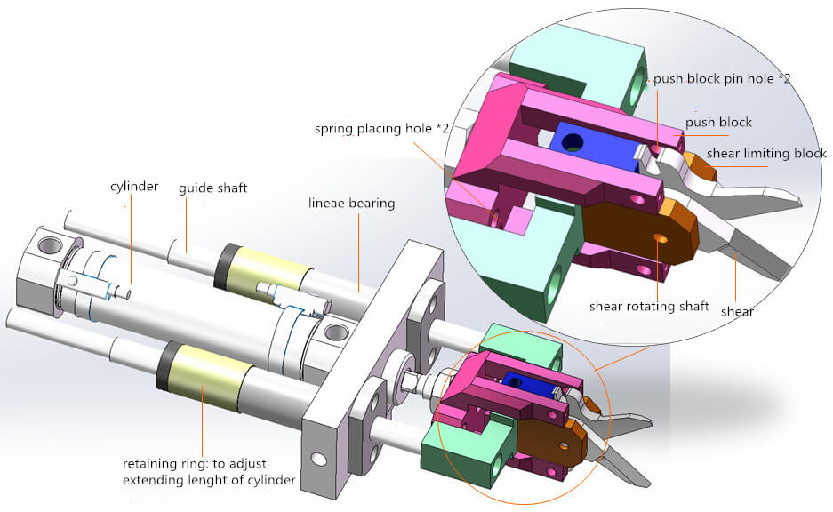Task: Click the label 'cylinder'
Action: pos(133,187)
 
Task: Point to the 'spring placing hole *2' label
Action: pos(381,129)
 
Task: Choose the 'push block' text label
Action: pos(718,122)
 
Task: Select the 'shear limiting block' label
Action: pos(766,153)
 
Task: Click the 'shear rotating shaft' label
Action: pos(649,307)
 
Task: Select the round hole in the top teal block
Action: pos(637,90)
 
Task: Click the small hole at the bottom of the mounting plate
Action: pos(317,460)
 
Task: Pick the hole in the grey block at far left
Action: pos(46,242)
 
